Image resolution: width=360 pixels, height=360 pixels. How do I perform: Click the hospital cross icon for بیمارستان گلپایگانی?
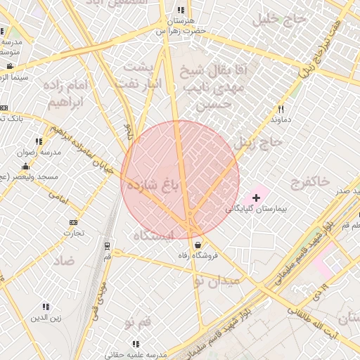coord(256,199)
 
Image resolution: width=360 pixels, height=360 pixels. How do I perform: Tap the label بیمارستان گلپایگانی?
coord(257,210)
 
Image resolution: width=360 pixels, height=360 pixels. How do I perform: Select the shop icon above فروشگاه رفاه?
coord(198,245)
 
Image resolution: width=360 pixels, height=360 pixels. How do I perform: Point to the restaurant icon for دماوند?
coord(281,109)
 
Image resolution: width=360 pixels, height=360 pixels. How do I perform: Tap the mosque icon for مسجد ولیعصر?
coord(26,167)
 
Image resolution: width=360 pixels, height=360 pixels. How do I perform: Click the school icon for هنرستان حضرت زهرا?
coord(181,11)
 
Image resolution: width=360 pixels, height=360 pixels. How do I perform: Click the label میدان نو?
coord(217,281)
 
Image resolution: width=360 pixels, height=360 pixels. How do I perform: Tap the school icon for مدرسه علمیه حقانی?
coord(136,344)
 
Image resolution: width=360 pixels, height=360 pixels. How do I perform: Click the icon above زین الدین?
coord(46,307)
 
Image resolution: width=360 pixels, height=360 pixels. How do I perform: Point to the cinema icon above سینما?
coord(9,66)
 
